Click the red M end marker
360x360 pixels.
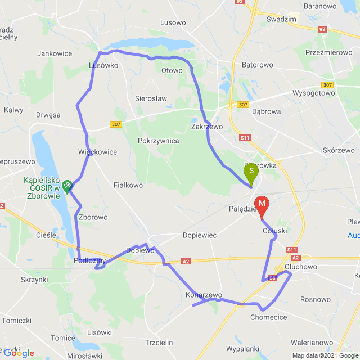(x=262, y=204)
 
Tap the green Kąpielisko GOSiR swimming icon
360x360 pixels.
(x=67, y=184)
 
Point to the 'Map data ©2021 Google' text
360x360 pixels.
(x=324, y=355)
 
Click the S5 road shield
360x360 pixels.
(x=272, y=277)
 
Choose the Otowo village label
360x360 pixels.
(x=172, y=70)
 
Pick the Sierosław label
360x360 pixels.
(x=151, y=98)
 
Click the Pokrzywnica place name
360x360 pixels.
(x=158, y=141)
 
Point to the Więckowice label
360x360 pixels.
(x=98, y=152)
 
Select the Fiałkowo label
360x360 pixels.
(x=128, y=184)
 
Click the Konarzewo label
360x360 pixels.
(x=204, y=295)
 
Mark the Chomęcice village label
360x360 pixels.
(x=269, y=317)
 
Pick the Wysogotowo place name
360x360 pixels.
(x=313, y=94)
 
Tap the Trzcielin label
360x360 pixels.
(x=161, y=343)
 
